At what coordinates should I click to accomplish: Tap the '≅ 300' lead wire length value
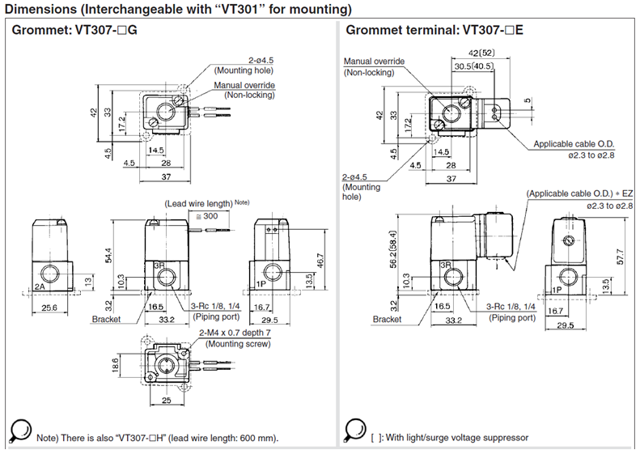click(206, 217)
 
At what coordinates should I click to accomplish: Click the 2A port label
click(40, 287)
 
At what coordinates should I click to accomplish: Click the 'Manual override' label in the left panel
click(244, 85)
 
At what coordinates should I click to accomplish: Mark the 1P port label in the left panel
click(262, 285)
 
